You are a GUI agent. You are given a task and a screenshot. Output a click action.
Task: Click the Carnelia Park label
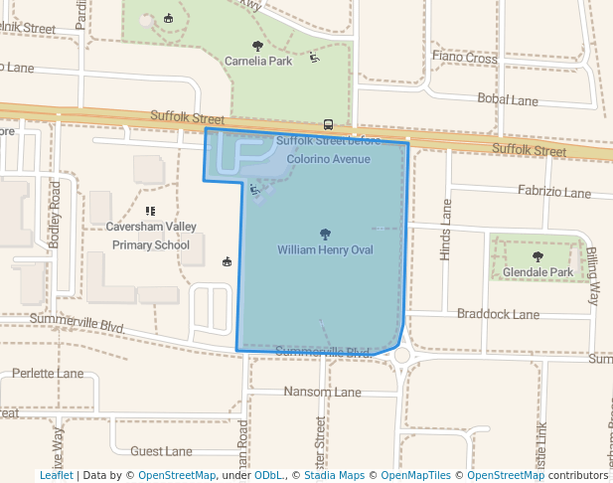[x=258, y=61]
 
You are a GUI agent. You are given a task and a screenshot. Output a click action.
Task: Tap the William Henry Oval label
[x=325, y=249]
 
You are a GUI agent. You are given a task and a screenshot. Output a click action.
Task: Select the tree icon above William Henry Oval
[x=325, y=234]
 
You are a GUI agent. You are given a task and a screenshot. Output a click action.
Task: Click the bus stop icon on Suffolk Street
[x=328, y=125]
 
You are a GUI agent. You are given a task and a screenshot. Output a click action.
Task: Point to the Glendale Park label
[x=538, y=271]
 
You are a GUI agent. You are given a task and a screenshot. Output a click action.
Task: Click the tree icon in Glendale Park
[x=538, y=256]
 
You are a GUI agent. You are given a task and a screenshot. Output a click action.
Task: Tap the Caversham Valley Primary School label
[x=150, y=236]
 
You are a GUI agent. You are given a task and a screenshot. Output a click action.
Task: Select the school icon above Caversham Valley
[x=150, y=211]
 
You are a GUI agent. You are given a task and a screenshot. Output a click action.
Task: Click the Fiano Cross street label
[x=465, y=58]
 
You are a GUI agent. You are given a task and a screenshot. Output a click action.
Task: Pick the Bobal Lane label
[x=507, y=100]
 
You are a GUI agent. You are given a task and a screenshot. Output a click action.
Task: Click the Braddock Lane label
[x=498, y=314]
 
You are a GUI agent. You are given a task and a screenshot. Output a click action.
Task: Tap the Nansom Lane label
[x=322, y=392]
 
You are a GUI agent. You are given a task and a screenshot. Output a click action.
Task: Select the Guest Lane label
[x=161, y=451]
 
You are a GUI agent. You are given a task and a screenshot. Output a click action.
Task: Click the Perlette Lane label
[x=48, y=374]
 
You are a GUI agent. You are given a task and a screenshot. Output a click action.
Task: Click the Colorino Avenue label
[x=328, y=159]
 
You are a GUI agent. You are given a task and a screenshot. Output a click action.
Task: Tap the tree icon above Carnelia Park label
[x=258, y=46]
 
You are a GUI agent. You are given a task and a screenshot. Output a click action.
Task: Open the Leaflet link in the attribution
[x=56, y=475]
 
